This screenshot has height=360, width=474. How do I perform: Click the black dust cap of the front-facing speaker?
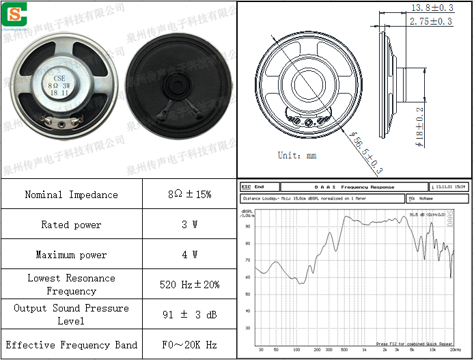[x=175, y=85]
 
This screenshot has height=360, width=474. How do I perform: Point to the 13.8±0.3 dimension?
[x=431, y=8]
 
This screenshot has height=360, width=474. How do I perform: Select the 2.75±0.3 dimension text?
[x=430, y=22]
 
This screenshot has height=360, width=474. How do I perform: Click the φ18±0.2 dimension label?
[x=419, y=128]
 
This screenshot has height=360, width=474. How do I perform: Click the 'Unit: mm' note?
[x=297, y=155]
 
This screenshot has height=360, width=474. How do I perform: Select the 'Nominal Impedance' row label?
[x=71, y=195]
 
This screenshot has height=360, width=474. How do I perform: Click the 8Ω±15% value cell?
[x=189, y=195]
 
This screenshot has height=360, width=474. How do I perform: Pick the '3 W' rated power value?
[x=189, y=225]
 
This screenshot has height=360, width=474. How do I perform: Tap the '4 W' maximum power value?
[x=189, y=255]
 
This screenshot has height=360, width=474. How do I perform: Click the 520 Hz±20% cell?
[x=189, y=284]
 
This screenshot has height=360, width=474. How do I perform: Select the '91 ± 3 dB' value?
[x=189, y=315]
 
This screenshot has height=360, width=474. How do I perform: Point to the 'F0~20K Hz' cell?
[x=189, y=345]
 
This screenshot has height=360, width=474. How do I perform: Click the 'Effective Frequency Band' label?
[x=71, y=345]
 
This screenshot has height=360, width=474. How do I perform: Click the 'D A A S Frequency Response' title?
[x=354, y=186]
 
